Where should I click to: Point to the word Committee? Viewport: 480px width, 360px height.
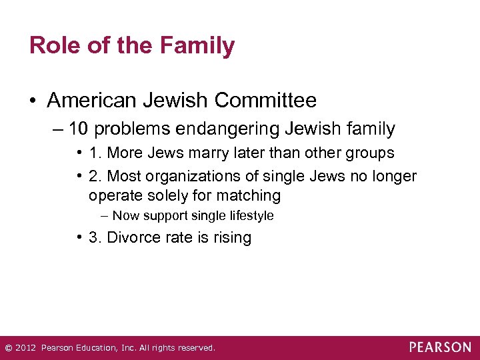point(265,101)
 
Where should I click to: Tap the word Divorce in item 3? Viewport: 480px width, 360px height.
point(130,238)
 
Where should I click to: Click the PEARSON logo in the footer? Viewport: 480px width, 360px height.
point(440,347)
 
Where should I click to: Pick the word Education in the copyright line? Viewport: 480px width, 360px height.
point(93,348)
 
